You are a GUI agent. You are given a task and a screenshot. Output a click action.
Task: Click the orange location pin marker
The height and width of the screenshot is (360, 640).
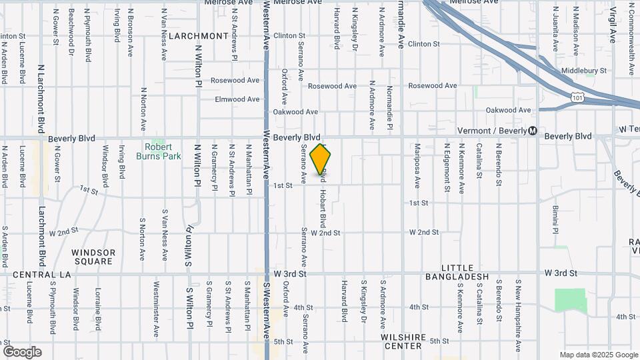[x=321, y=159]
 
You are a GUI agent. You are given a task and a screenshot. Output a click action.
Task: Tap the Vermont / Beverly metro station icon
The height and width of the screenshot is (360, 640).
[x=532, y=131]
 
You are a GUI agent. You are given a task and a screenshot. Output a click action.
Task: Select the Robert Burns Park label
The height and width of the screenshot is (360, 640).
[x=159, y=151]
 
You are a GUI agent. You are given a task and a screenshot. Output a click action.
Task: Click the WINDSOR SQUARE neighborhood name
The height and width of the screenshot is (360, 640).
[x=93, y=257]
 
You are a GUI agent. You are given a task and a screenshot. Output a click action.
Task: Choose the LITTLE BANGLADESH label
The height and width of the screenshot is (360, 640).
[x=457, y=277]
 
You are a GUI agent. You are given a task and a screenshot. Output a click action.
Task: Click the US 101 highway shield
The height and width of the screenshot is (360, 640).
[x=577, y=97]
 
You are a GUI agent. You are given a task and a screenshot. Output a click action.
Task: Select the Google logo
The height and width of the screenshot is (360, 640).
[x=22, y=351]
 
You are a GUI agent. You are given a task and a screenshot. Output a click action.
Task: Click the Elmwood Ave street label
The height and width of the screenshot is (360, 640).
[x=237, y=99]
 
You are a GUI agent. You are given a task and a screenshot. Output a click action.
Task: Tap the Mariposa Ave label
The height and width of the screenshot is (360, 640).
[x=417, y=165]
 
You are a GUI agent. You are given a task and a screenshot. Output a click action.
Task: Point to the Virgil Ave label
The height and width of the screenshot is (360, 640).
[x=612, y=25]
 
